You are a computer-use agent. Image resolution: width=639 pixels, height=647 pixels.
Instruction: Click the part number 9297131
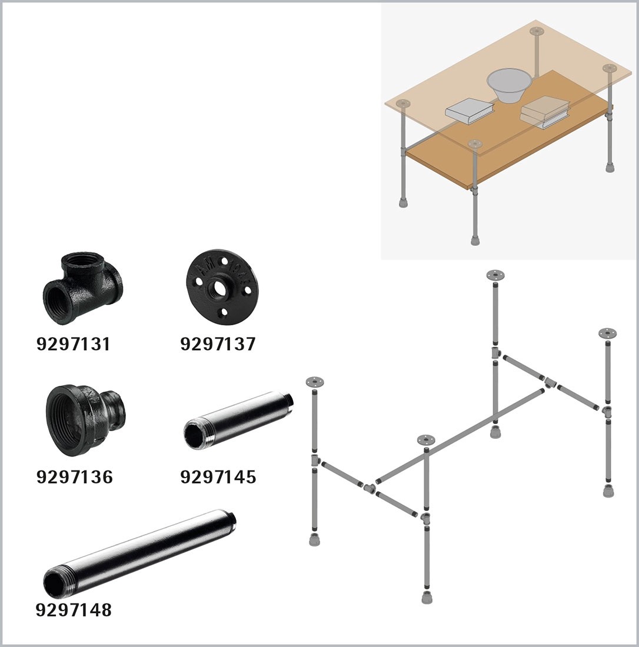click(x=74, y=343)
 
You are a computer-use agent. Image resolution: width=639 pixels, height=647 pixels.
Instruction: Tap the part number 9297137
click(x=218, y=343)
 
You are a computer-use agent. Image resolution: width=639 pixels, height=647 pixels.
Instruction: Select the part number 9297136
click(x=74, y=476)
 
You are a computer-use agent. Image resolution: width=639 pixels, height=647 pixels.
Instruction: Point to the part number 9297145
click(x=218, y=476)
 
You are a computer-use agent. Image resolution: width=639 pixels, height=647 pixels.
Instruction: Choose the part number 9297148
click(x=74, y=609)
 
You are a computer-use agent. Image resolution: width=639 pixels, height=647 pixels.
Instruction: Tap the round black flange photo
click(x=219, y=285)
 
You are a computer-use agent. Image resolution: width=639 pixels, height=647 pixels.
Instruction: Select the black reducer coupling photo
click(x=85, y=420)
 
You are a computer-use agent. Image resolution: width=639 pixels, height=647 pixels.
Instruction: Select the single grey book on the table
click(x=470, y=110)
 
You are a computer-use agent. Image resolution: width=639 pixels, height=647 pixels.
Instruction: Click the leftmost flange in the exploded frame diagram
click(x=315, y=382)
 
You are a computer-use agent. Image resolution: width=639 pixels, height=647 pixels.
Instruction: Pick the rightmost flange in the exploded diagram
click(x=608, y=333)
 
